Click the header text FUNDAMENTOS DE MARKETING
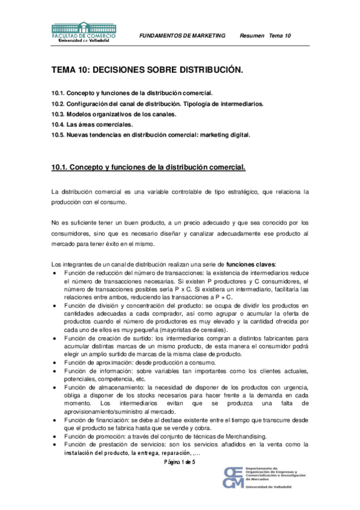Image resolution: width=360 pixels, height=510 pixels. [182, 35]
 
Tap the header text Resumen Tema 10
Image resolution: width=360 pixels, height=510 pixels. [265, 35]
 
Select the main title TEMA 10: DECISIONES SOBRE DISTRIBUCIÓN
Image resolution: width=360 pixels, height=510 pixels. [147, 70]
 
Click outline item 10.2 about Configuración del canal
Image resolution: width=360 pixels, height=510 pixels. [157, 103]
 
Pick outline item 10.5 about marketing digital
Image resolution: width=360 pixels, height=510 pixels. [151, 134]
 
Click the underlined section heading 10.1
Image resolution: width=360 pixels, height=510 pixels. [148, 166]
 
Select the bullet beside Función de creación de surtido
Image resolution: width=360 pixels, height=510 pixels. [56, 340]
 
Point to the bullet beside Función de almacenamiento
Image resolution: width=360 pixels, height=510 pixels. [56, 387]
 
